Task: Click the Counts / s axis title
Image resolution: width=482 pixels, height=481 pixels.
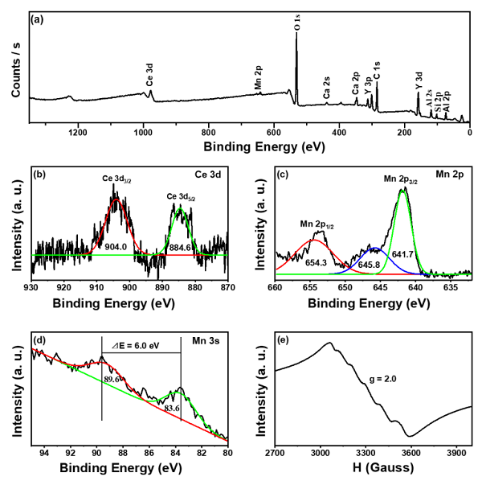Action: click(x=15, y=69)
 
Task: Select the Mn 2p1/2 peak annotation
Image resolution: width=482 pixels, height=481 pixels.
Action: click(x=317, y=223)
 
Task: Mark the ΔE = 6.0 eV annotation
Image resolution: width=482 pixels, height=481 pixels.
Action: click(x=137, y=347)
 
